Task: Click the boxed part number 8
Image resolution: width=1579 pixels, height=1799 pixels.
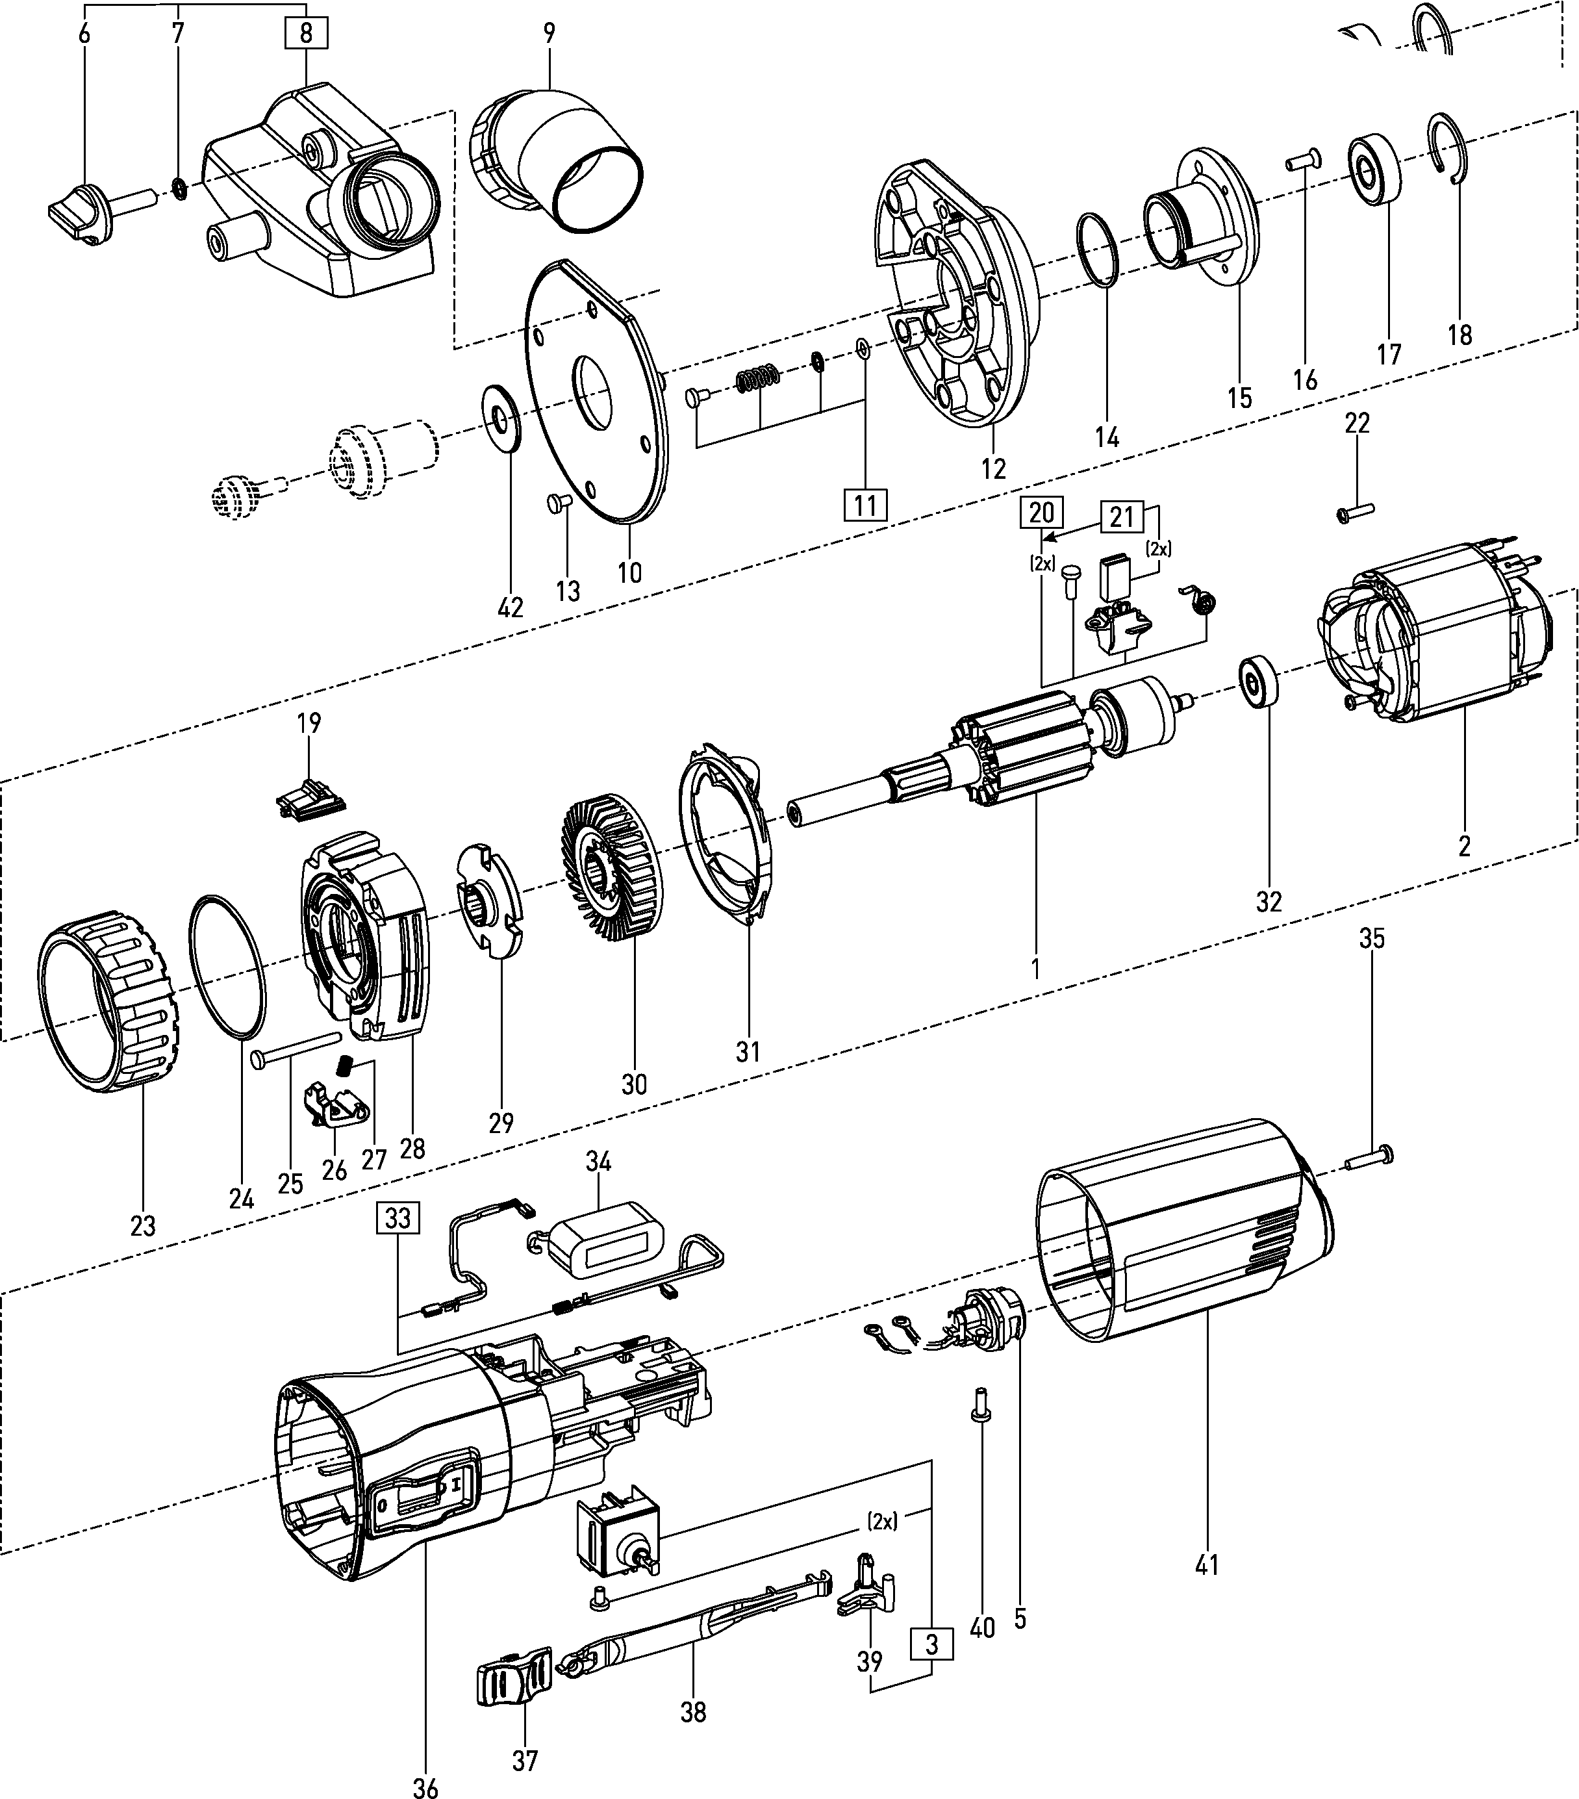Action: click(305, 33)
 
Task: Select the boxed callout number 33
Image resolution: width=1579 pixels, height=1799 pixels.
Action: click(398, 1218)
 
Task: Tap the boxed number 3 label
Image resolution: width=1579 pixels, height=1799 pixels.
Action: click(932, 1643)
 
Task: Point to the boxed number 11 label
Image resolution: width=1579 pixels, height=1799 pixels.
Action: click(866, 505)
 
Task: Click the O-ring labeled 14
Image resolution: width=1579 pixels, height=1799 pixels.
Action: click(1098, 248)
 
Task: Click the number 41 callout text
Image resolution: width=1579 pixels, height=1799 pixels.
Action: click(1207, 1566)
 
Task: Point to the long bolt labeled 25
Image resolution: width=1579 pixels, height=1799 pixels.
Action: click(295, 1048)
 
